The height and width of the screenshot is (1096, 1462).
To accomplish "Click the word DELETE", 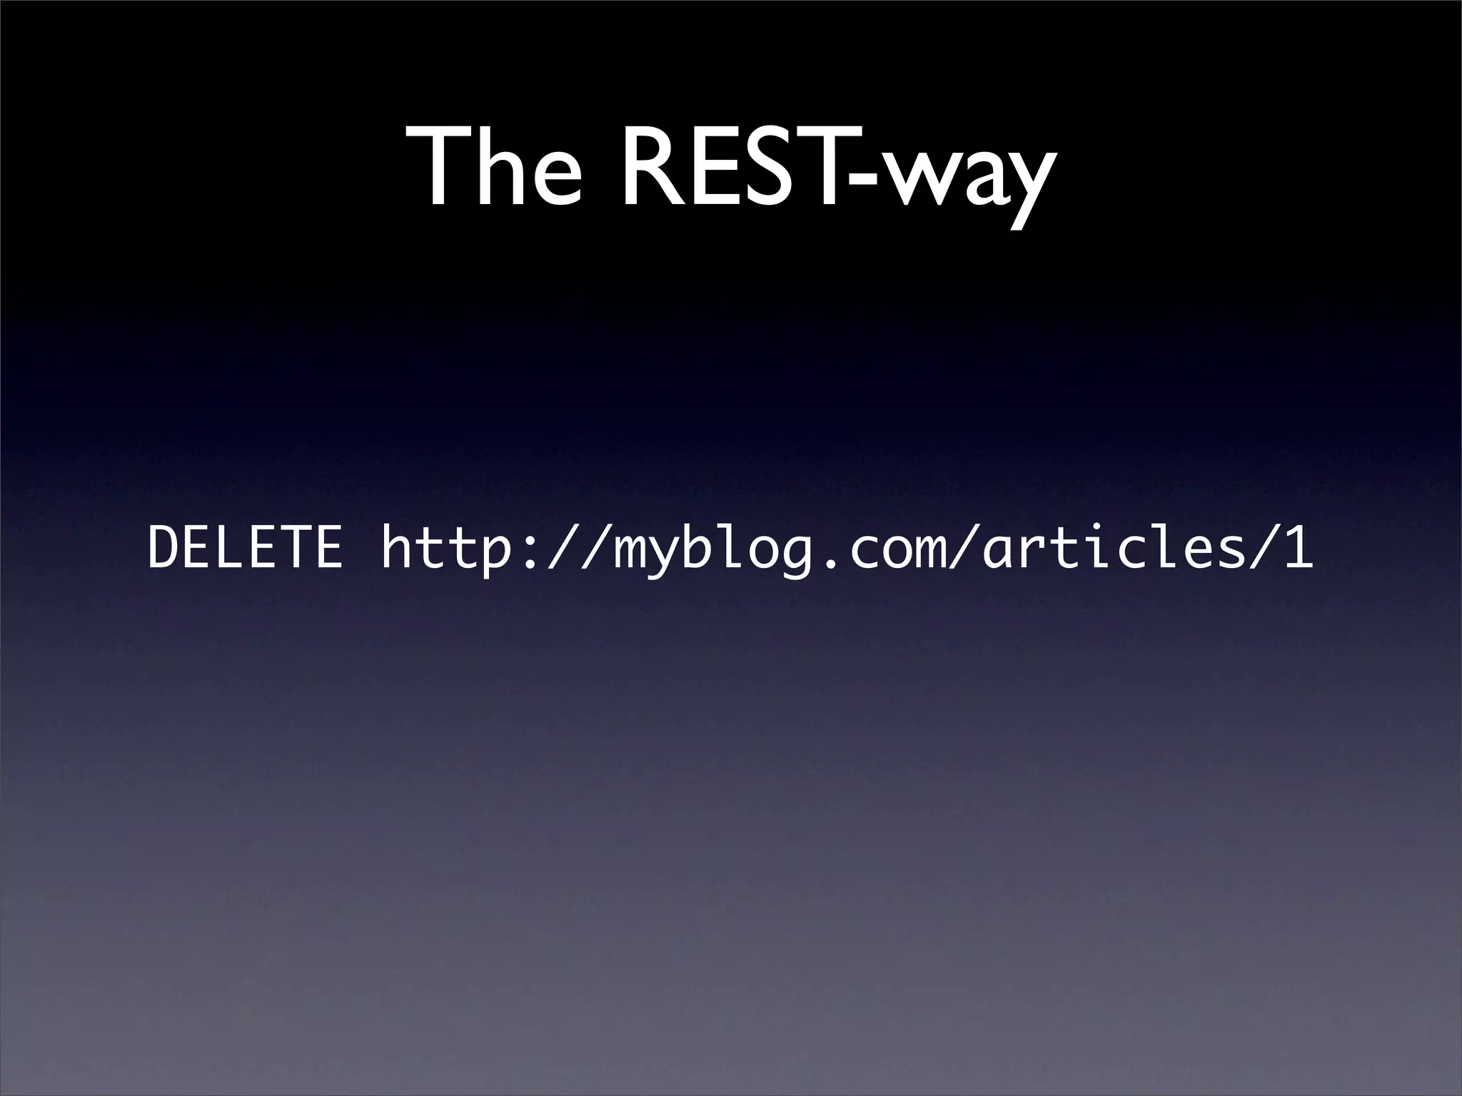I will click(x=245, y=547).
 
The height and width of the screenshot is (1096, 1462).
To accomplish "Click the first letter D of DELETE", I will click(x=164, y=547).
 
